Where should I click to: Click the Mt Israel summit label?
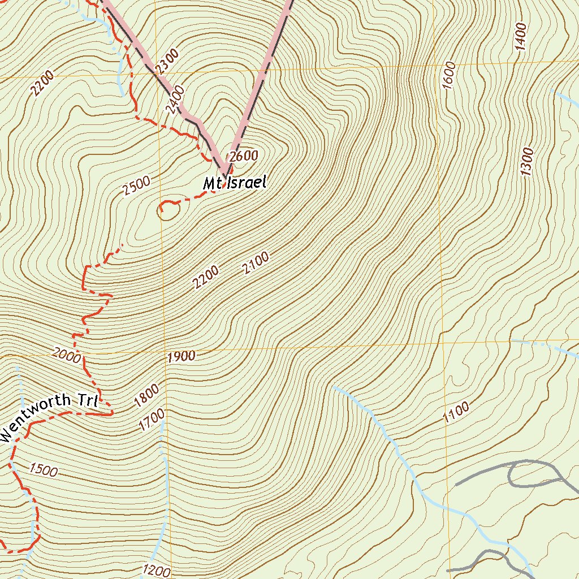pos(234,183)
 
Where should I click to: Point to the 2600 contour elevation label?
pos(243,157)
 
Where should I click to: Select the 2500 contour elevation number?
pos(136,186)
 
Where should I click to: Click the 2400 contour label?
pos(176,98)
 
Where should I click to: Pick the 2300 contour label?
pos(167,62)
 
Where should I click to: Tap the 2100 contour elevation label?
pos(256,264)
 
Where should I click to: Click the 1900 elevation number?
pos(182,356)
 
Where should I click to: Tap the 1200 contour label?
pos(157,569)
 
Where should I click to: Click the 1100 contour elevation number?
pos(456,413)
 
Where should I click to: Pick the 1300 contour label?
pos(527,162)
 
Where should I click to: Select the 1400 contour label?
pos(521,37)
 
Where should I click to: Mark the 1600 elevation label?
pos(449,75)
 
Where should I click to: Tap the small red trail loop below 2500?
pos(169,210)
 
